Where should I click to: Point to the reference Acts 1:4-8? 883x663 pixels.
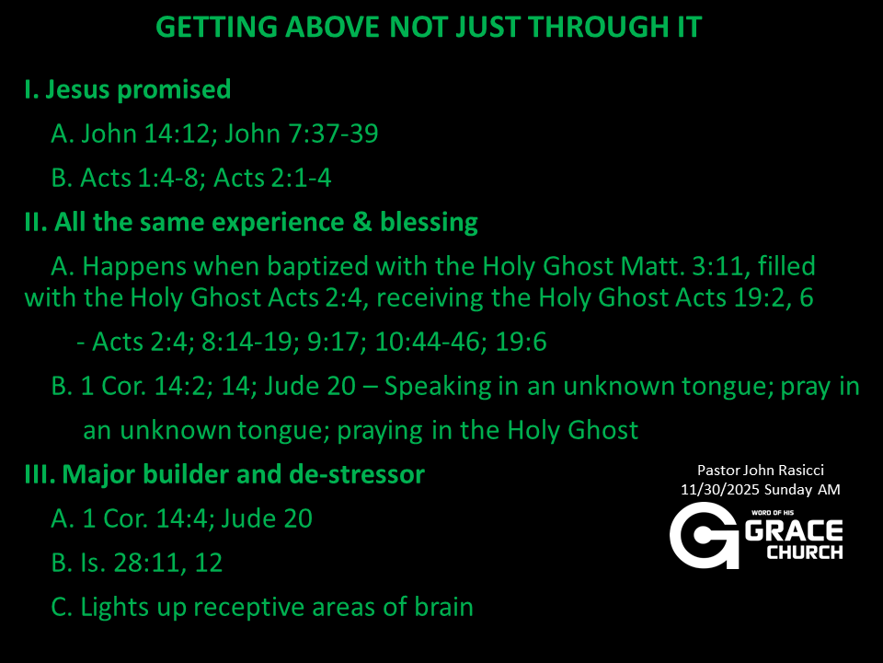click(140, 178)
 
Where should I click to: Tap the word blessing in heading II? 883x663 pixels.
click(430, 223)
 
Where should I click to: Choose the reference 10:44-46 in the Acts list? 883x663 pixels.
click(430, 343)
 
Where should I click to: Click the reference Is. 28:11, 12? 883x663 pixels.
click(152, 563)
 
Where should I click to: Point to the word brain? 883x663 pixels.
click(443, 607)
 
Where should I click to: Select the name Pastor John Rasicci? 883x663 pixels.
click(761, 471)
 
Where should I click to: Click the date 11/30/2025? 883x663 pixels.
click(719, 490)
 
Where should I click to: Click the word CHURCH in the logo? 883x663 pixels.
click(804, 552)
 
